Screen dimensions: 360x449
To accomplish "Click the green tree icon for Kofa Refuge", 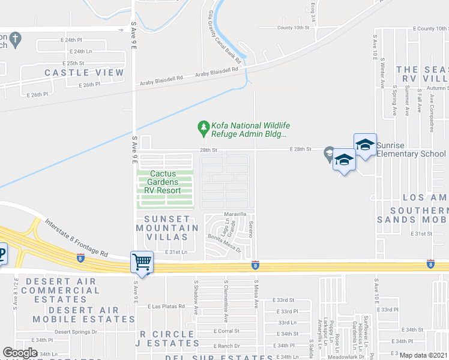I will (203, 127).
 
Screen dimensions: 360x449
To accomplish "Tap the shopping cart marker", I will (142, 262).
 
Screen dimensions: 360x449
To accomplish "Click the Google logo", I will (20, 352).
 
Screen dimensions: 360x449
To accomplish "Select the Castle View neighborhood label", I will (84, 73).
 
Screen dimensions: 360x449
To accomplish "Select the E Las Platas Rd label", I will (166, 306).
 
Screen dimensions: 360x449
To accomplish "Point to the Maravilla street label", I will (236, 214).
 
